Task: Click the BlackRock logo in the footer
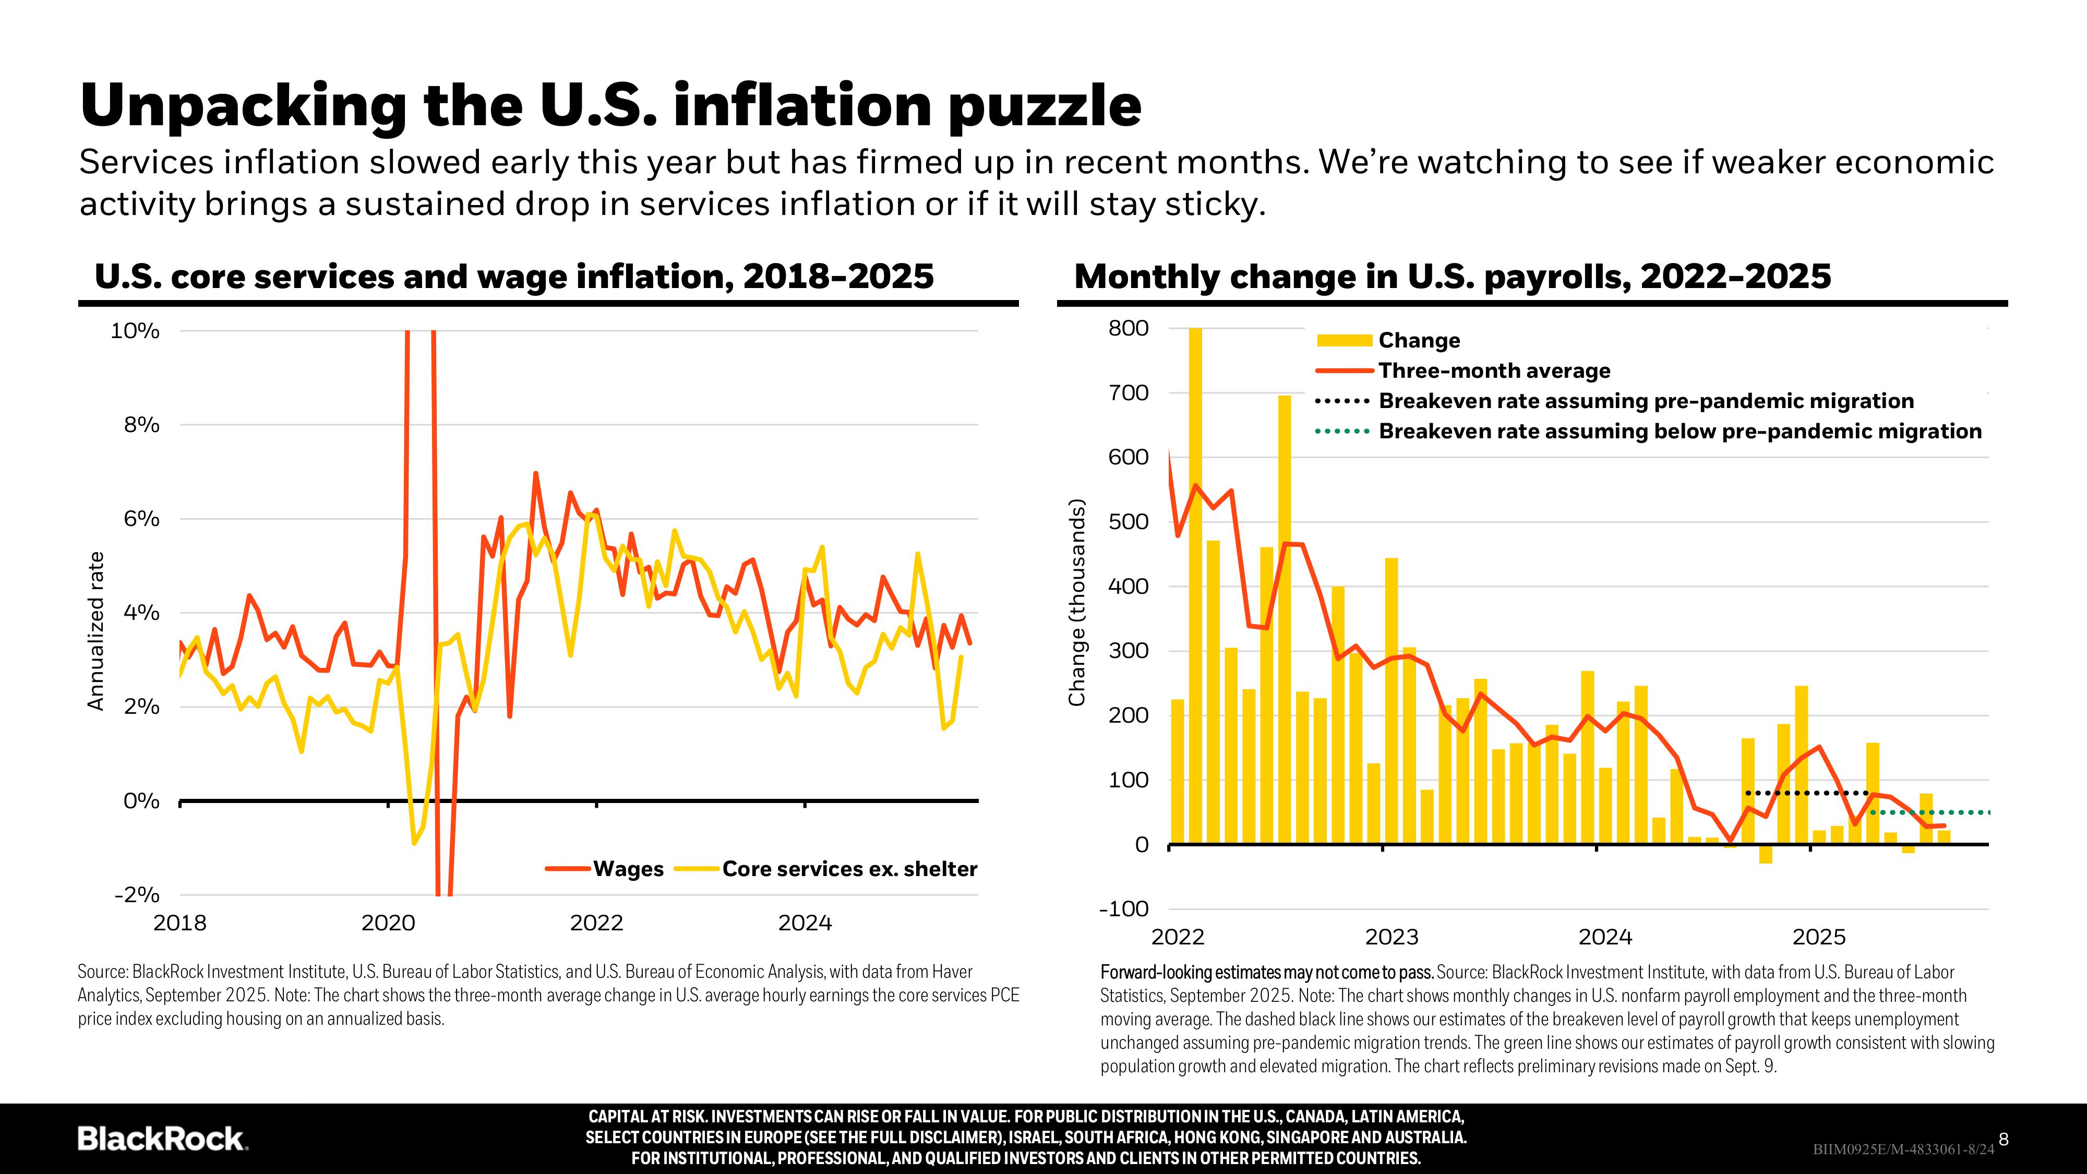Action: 162,1139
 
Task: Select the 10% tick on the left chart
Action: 135,331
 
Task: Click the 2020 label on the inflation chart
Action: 388,923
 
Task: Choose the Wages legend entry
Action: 628,869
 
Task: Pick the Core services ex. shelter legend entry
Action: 849,869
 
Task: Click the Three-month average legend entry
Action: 1494,370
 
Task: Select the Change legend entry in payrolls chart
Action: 1419,340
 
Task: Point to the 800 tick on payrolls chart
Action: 1128,328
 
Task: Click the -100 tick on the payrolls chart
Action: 1124,908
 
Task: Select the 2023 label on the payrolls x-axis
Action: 1392,938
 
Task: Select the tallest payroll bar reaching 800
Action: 1195,583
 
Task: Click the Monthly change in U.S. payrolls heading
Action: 1452,277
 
